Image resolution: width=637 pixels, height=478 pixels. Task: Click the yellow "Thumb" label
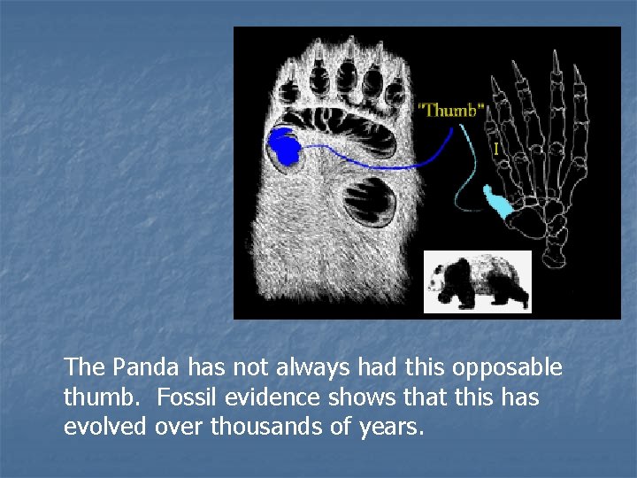pos(451,110)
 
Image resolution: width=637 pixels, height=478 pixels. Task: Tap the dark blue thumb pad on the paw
pos(285,146)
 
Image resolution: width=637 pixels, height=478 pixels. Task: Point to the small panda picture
pos(478,281)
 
